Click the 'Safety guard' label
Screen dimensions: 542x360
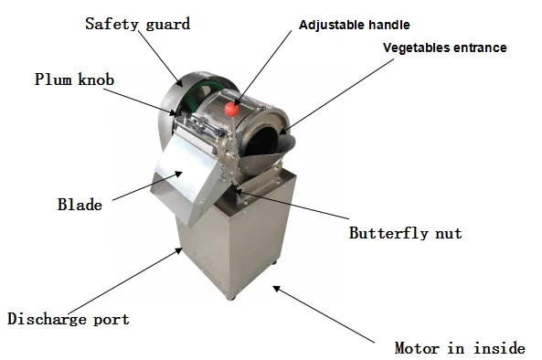(137, 24)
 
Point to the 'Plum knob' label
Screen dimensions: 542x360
(74, 79)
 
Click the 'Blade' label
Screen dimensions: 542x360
(80, 205)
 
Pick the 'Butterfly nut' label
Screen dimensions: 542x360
(405, 232)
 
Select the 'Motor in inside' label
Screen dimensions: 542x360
(459, 348)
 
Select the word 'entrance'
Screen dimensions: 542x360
(477, 48)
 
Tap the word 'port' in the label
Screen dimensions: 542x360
(109, 320)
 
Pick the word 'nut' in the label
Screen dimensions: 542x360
(448, 232)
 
